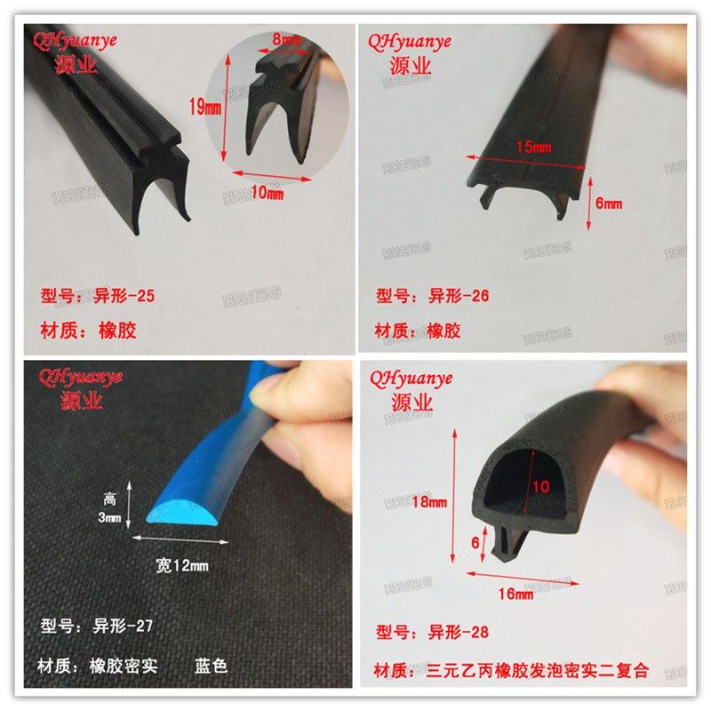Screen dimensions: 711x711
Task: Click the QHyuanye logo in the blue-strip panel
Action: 77,378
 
